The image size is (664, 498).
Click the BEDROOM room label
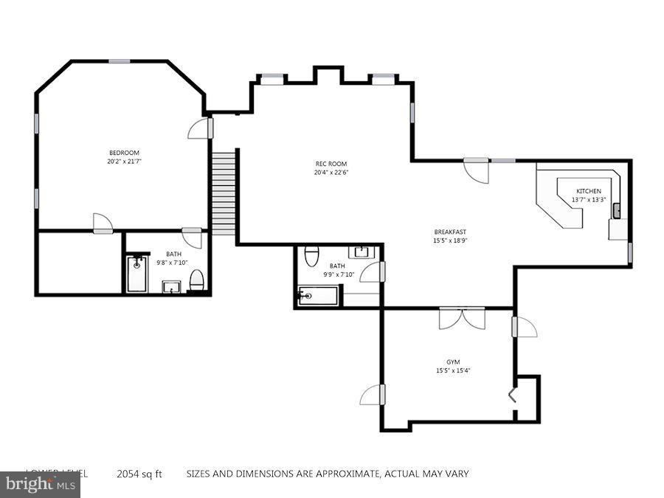[x=124, y=153]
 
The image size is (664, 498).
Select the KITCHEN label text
[x=589, y=191]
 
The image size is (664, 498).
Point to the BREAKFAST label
[x=450, y=232]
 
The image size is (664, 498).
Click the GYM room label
[x=453, y=362]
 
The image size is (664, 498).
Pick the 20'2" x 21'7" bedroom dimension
[x=124, y=162]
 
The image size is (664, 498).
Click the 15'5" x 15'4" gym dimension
[x=453, y=370]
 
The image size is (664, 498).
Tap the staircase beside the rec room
[x=224, y=192]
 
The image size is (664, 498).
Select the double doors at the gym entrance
[x=462, y=318]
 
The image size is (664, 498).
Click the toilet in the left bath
[x=197, y=280]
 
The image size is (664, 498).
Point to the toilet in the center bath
[x=311, y=255]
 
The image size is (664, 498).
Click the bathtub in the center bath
[x=318, y=297]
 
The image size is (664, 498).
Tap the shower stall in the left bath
[x=136, y=274]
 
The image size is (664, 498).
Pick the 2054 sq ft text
[x=139, y=474]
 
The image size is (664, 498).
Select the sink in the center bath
[x=362, y=253]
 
